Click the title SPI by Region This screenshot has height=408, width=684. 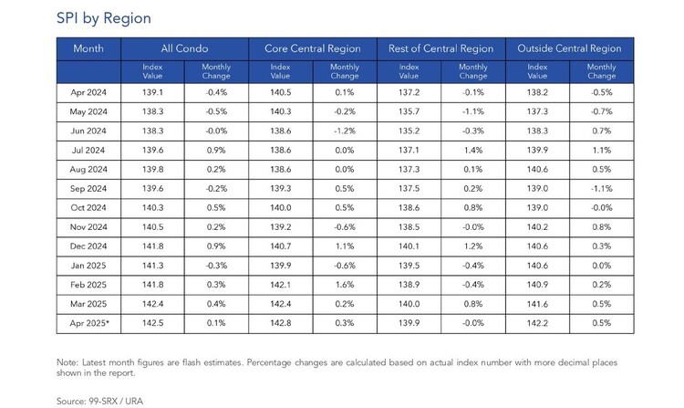(104, 18)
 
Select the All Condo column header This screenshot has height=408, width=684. (184, 48)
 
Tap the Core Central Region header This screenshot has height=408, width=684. (312, 48)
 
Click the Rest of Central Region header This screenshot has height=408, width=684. (441, 48)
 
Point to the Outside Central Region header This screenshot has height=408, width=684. (569, 48)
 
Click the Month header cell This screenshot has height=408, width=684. (88, 48)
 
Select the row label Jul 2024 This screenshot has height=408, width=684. (88, 150)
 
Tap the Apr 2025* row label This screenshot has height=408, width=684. (89, 323)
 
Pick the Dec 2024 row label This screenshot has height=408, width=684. (88, 246)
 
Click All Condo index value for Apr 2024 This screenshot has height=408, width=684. (152, 92)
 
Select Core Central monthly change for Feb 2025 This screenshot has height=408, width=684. (345, 285)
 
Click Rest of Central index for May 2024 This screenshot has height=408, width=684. (409, 111)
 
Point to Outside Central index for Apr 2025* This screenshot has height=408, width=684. (537, 323)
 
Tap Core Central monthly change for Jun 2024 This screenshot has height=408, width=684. (345, 131)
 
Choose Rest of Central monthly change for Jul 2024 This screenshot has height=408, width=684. (473, 150)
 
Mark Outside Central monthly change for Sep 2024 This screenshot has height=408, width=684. (602, 189)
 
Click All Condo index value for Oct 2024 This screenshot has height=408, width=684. (152, 208)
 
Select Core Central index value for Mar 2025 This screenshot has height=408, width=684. (281, 304)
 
